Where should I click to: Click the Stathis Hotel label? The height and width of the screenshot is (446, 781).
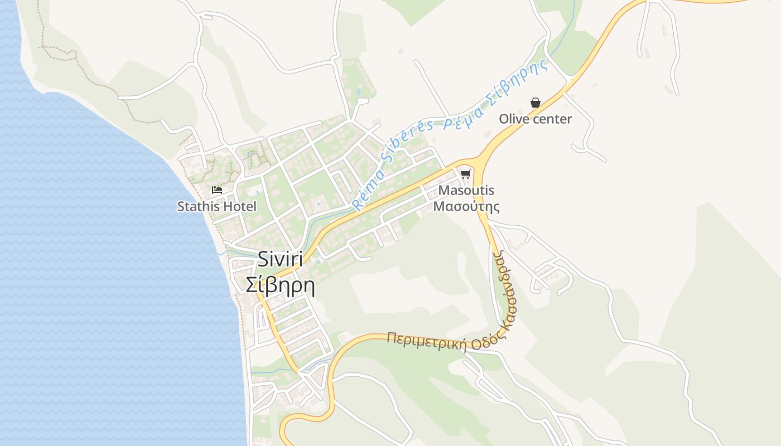[216, 206]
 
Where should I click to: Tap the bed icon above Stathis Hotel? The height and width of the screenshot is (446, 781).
[217, 190]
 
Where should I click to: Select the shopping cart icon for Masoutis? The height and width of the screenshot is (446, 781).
[465, 174]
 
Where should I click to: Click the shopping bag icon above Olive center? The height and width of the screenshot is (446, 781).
[536, 103]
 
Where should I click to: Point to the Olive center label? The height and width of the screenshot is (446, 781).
[535, 119]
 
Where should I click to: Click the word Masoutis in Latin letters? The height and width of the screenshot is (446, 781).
[466, 190]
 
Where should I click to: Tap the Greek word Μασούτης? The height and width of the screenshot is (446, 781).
[466, 206]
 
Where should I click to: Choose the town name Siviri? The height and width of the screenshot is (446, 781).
[280, 259]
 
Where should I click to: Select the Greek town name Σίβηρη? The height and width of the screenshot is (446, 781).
[280, 285]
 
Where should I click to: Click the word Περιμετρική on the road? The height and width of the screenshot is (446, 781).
[427, 341]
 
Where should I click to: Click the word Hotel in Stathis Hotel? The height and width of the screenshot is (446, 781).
[238, 206]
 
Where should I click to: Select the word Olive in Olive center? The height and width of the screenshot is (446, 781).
[512, 119]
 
